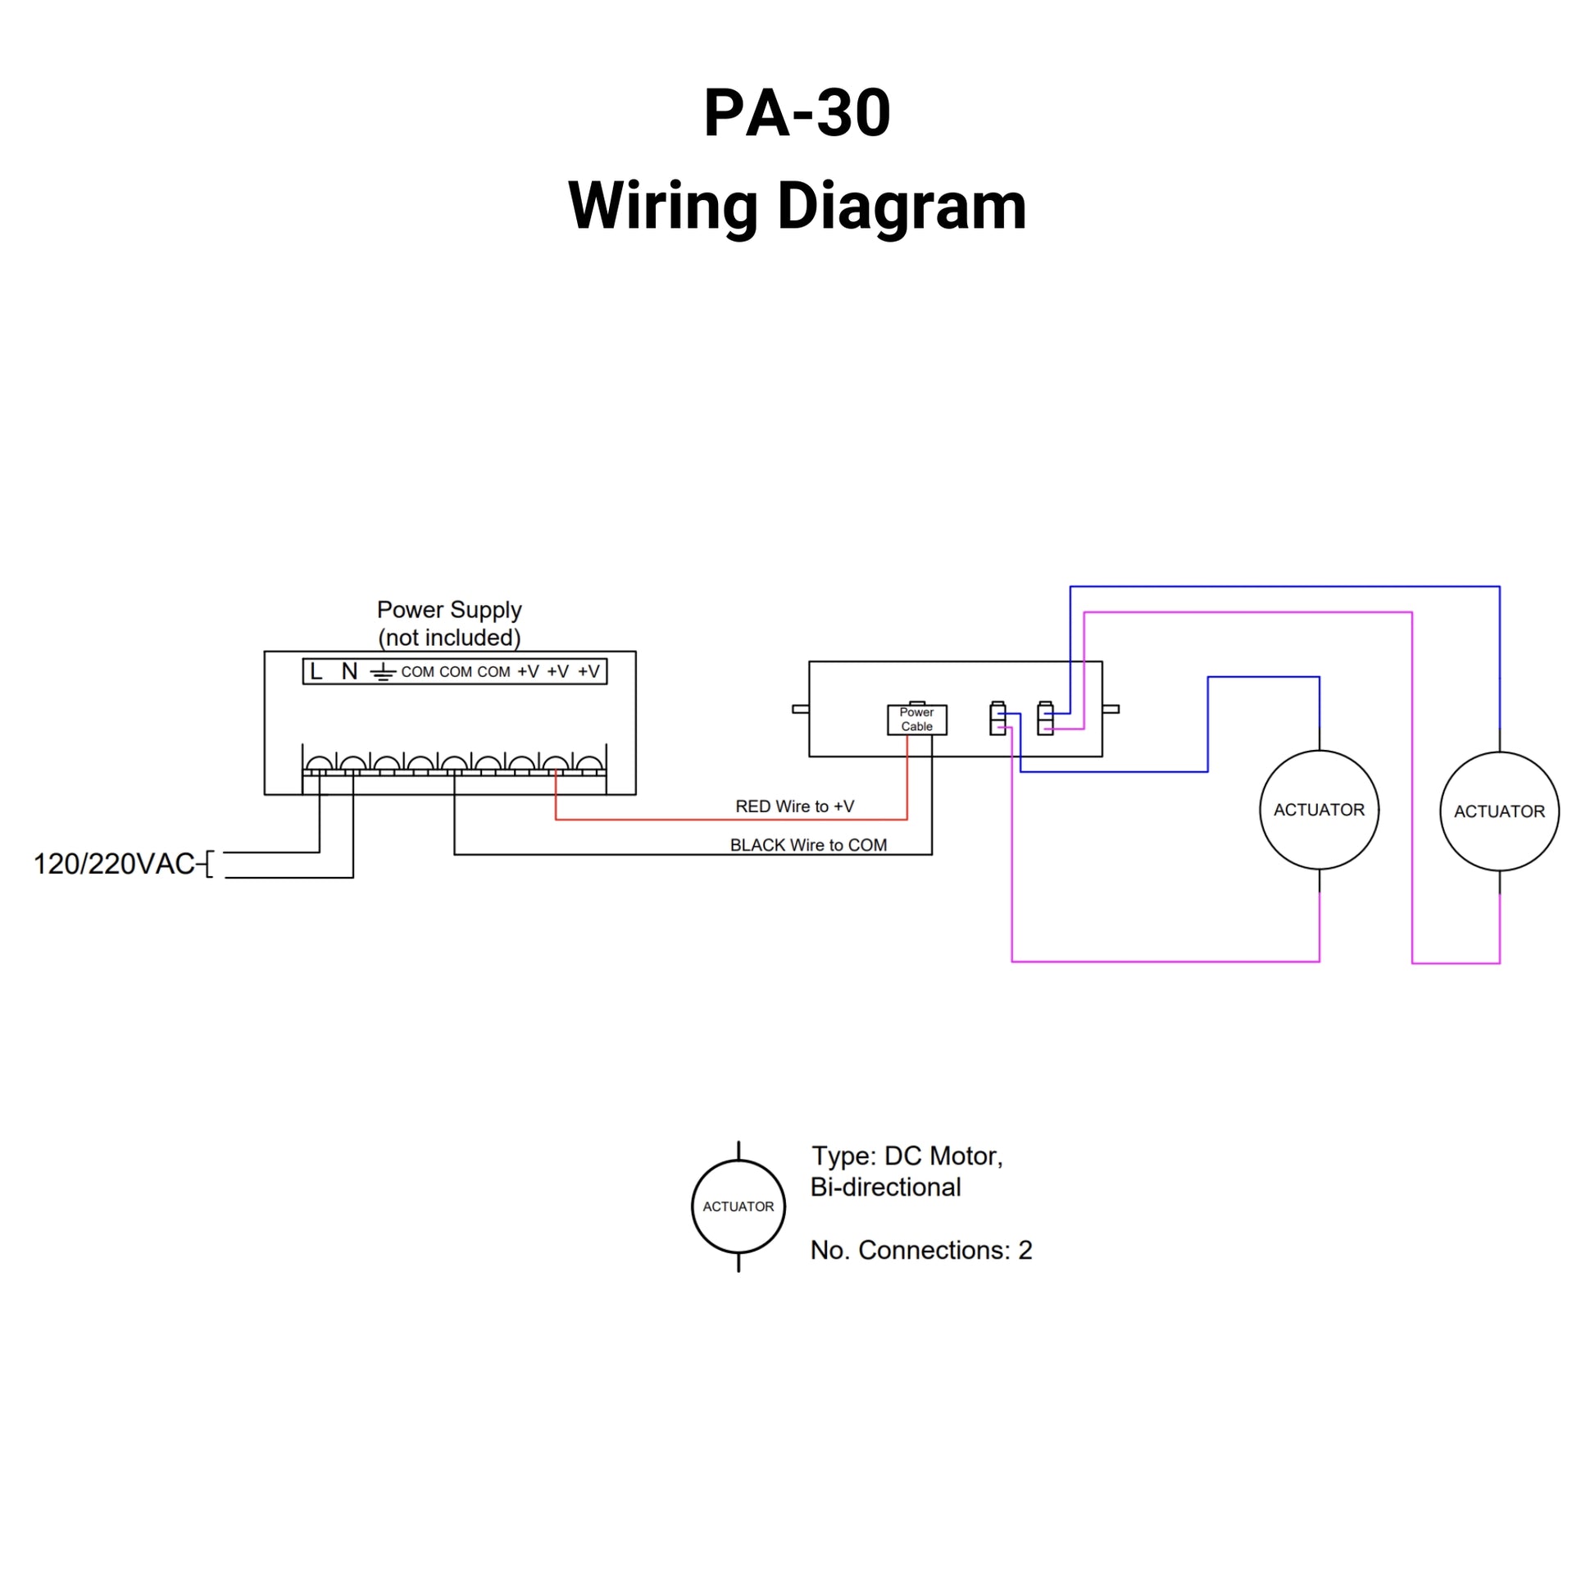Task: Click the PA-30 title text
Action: [797, 113]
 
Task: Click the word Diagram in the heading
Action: [902, 207]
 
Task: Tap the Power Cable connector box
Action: [916, 719]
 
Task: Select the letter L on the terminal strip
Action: [316, 672]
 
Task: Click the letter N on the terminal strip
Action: [349, 672]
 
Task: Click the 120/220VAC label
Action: [114, 865]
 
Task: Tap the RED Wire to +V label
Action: [794, 807]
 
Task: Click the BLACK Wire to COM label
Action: [808, 845]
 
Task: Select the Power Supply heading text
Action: [449, 610]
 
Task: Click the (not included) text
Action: [449, 638]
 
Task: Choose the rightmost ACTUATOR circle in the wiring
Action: [1499, 811]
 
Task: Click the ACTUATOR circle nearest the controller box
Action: [1319, 810]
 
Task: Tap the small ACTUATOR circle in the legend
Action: [738, 1207]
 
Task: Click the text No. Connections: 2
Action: [921, 1251]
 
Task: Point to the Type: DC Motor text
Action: [907, 1156]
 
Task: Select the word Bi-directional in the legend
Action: [885, 1187]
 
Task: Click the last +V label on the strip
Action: [588, 672]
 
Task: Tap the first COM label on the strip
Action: [418, 672]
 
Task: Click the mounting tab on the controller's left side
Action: [800, 709]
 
